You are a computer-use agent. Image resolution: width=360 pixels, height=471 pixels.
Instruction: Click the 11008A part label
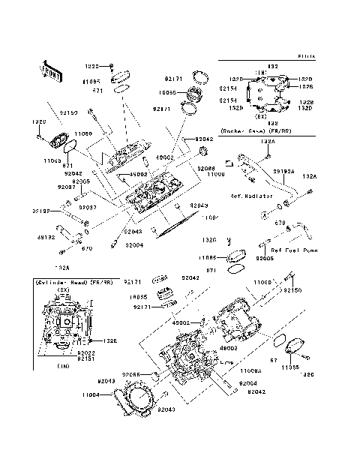tap(251, 370)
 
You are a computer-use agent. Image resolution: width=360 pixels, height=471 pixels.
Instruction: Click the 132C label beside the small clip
tap(211, 240)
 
